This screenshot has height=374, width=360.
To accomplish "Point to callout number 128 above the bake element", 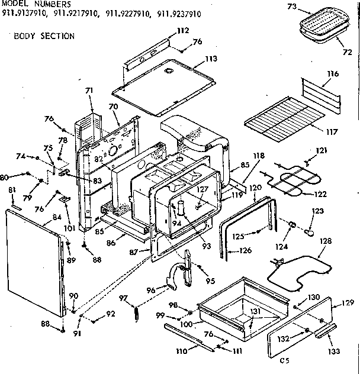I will click(x=326, y=241).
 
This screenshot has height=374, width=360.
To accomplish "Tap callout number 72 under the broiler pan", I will click(x=346, y=52).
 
